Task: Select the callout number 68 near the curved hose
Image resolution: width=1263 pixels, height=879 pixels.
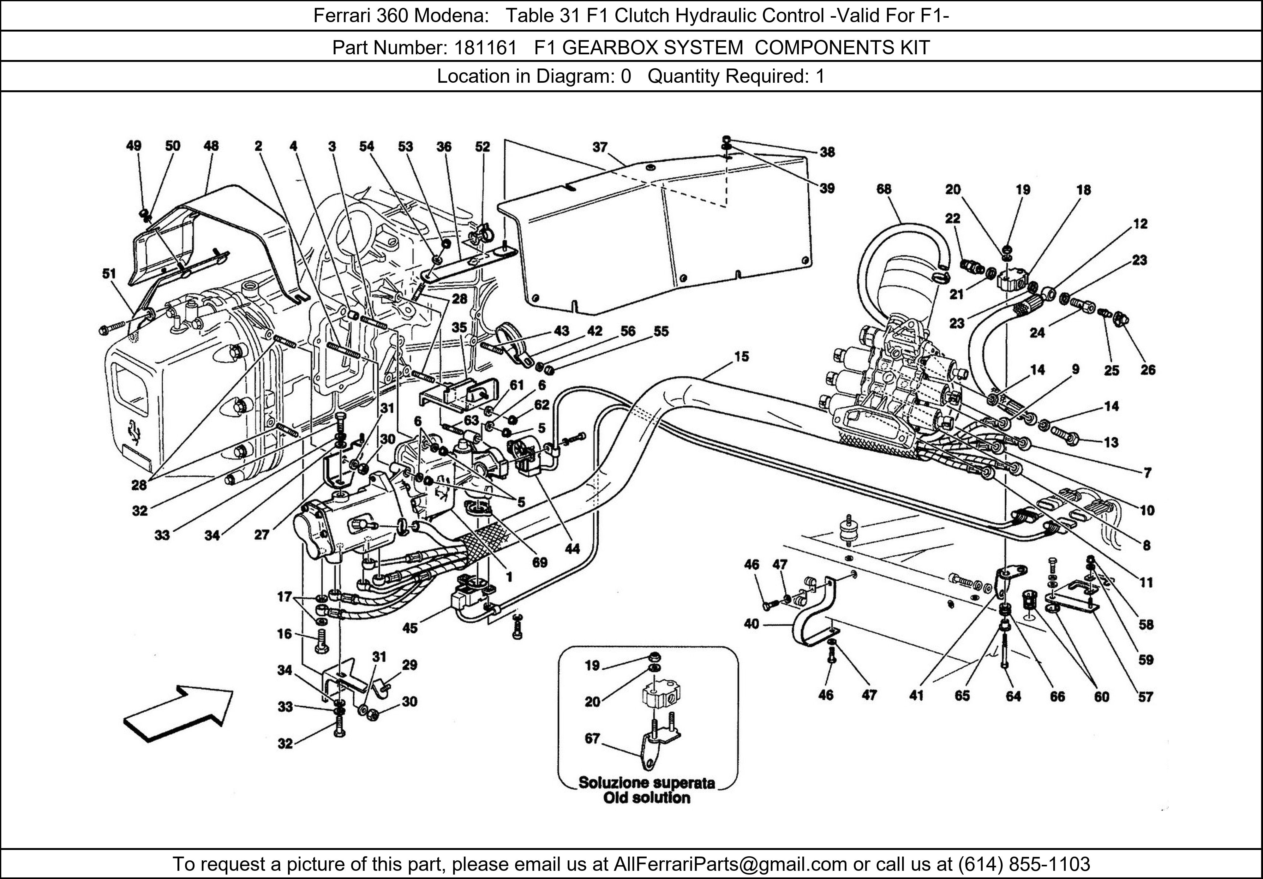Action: [883, 189]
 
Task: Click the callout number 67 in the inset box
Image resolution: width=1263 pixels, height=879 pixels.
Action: [592, 738]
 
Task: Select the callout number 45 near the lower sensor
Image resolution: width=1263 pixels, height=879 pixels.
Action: [410, 628]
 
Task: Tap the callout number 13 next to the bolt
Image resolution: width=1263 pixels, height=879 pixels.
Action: [1111, 442]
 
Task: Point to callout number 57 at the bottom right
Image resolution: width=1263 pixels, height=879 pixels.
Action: [1145, 697]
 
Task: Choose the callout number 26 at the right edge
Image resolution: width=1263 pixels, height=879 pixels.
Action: [1148, 370]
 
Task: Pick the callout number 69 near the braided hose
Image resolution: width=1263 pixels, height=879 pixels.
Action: [540, 562]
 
